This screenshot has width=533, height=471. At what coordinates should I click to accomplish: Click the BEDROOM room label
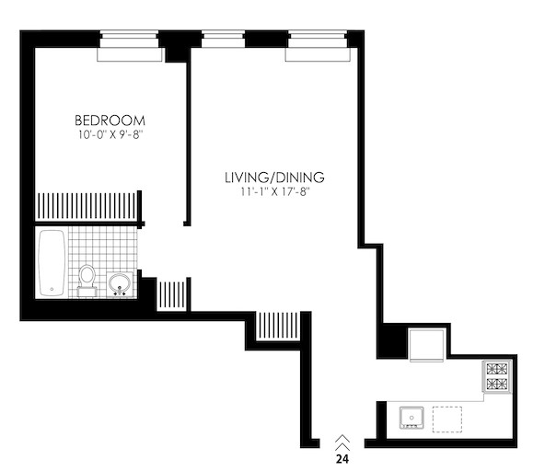110,121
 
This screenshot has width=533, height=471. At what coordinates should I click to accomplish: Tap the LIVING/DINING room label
274,178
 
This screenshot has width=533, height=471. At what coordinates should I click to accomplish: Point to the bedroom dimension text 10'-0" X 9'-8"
110,135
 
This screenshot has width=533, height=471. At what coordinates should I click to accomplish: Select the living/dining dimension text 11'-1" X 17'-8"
275,192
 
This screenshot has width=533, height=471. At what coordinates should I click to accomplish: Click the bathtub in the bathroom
52,263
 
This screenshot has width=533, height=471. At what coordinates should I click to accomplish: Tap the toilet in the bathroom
87,281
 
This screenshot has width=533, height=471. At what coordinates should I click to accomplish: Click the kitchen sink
411,418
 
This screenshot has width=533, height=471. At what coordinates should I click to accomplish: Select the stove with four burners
497,376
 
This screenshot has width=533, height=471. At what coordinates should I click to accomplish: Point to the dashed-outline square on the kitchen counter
447,419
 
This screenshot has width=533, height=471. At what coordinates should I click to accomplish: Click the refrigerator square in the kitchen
426,345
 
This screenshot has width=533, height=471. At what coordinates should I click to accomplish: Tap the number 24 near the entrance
342,459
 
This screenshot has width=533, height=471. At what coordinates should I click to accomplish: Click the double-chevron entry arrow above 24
342,443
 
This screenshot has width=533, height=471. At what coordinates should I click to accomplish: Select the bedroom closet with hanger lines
87,206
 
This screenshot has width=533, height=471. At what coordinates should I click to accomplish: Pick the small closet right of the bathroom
171,294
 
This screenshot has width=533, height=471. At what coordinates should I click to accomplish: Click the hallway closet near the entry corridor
278,326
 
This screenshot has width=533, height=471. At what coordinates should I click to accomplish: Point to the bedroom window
129,46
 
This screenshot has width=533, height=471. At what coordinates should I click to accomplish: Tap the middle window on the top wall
223,39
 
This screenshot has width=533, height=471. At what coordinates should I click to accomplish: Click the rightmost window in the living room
318,46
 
